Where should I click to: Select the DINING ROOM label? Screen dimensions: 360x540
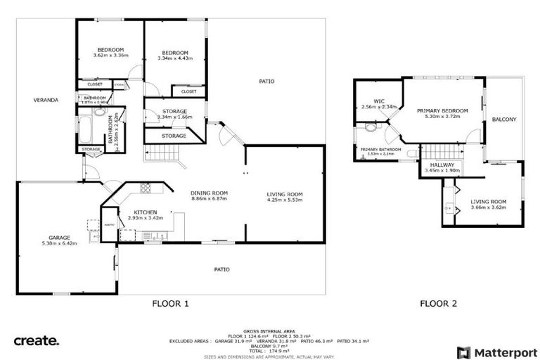pos(209,193)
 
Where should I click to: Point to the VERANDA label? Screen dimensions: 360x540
pos(46,101)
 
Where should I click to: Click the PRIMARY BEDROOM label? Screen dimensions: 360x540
pos(442,110)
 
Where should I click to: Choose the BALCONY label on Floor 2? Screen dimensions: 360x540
pos(503,120)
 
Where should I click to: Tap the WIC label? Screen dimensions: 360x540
pos(379,101)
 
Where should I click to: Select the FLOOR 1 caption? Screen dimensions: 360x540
pos(170,304)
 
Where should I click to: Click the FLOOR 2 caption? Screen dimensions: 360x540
pos(438,304)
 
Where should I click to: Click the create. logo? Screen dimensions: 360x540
pos(37,341)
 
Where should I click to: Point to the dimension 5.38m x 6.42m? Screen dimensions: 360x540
pos(58,244)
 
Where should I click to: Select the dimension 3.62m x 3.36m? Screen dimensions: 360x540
pos(110,56)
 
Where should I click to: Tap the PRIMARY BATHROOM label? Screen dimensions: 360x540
pos(381,149)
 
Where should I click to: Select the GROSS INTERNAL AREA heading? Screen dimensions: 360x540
pos(269,331)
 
